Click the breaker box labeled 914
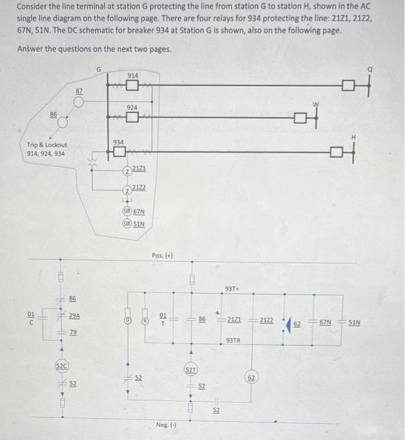pyautogui.click(x=132, y=85)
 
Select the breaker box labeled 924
pyautogui.click(x=132, y=118)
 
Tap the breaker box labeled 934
pyautogui.click(x=119, y=153)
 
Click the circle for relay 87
pyautogui.click(x=79, y=102)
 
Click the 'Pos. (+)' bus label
pyautogui.click(x=162, y=255)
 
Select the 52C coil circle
pyautogui.click(x=60, y=365)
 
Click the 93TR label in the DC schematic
pyautogui.click(x=233, y=340)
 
